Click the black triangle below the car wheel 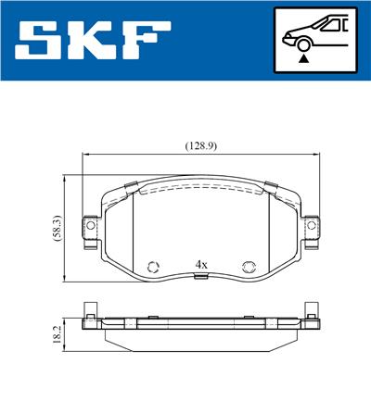(x=303, y=58)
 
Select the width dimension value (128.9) (x=196, y=145)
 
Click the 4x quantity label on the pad (x=200, y=264)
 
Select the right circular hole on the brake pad (x=248, y=268)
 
